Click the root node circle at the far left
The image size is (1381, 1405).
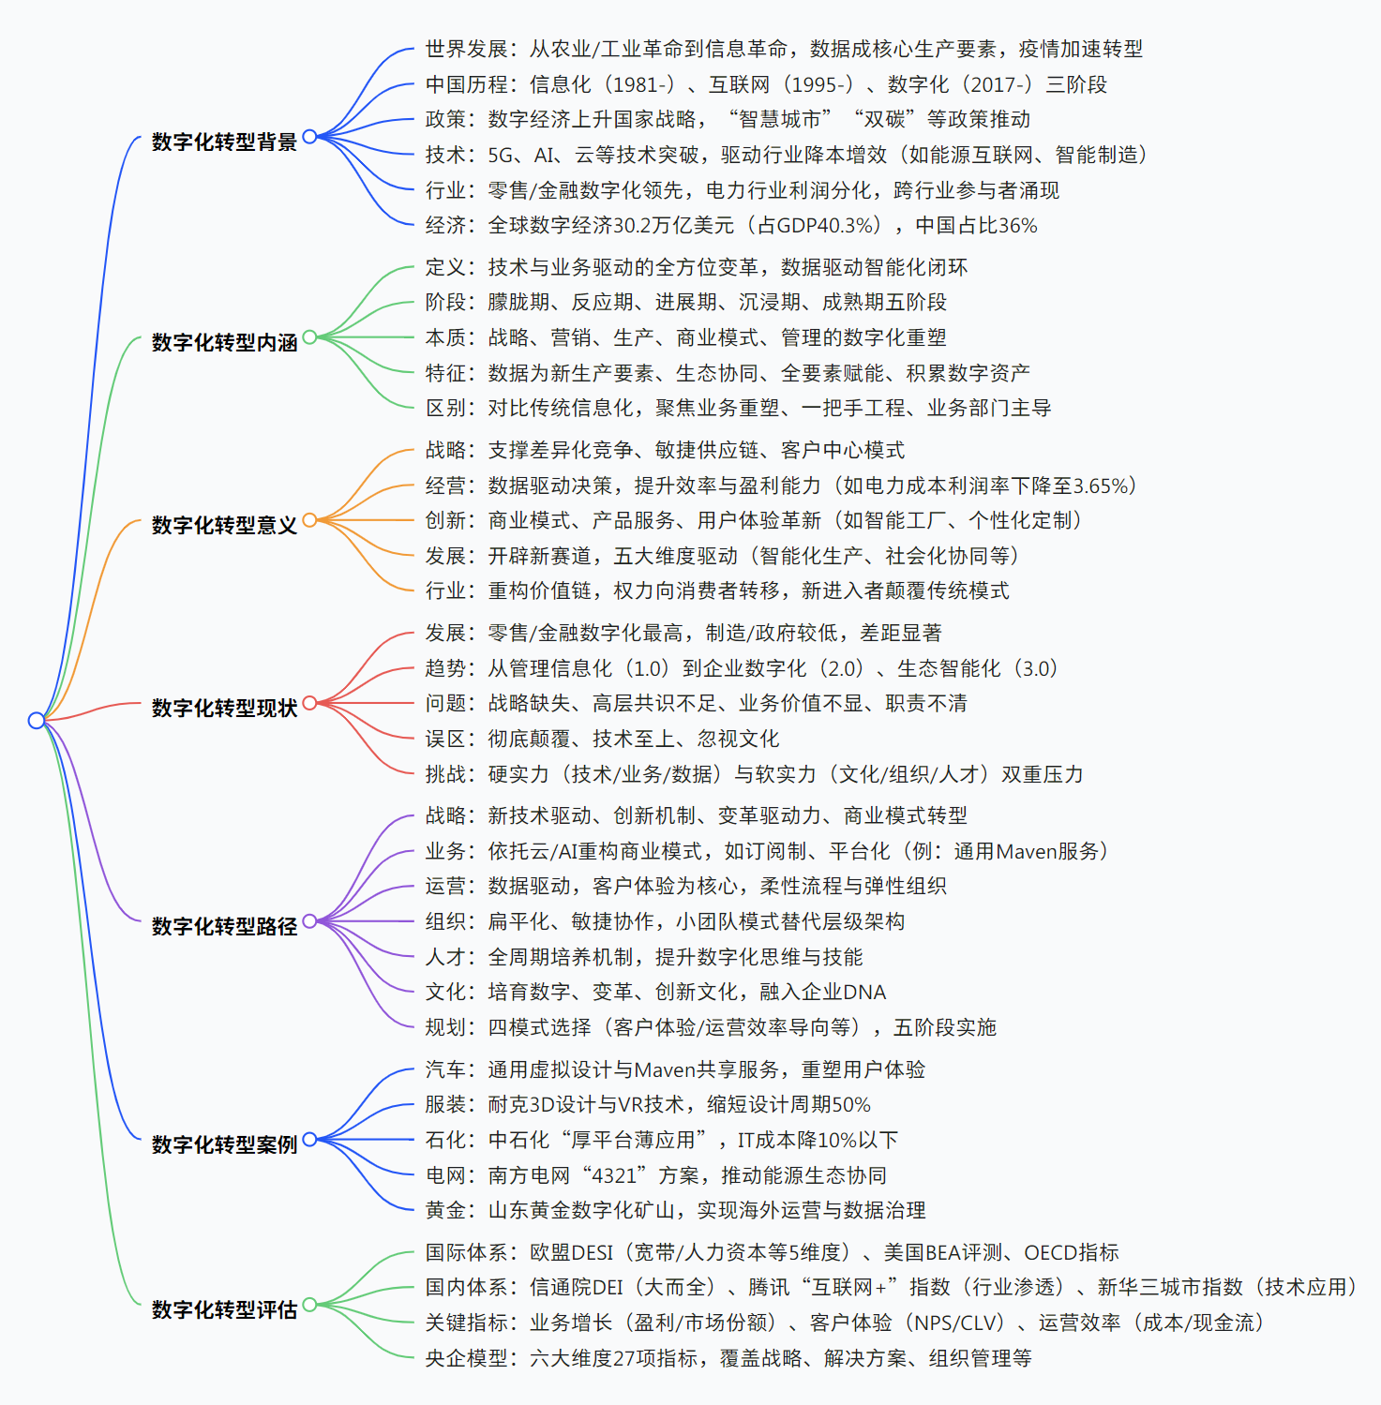[36, 720]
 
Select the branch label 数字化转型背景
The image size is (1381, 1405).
[224, 142]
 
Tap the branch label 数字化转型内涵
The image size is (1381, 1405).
[224, 342]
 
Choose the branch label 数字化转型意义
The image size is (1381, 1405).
[224, 525]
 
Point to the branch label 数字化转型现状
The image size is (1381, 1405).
[224, 708]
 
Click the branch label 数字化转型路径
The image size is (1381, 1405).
[224, 926]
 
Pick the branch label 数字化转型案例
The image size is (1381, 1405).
[224, 1144]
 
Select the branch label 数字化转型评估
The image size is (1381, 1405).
[224, 1308]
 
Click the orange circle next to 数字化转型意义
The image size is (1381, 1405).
[309, 520]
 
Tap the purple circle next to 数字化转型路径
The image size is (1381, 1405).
[309, 921]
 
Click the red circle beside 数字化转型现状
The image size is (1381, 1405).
[309, 703]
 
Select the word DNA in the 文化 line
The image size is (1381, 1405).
[864, 992]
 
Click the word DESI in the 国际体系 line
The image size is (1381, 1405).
[591, 1252]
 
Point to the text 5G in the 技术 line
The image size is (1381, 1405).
[501, 155]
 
